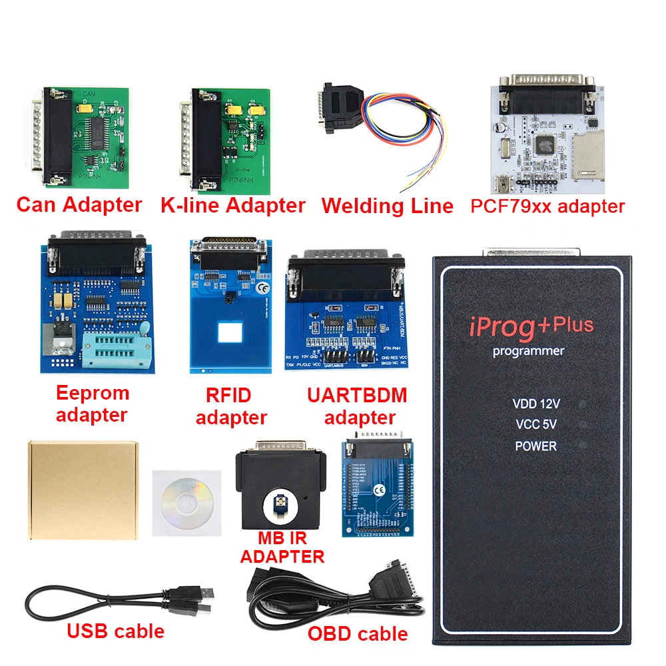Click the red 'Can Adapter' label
click(x=79, y=204)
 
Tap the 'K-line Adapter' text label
click(x=232, y=204)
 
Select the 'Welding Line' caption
click(x=387, y=205)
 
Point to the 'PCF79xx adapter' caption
click(x=547, y=206)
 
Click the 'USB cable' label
click(x=115, y=631)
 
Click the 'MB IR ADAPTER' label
click(x=282, y=546)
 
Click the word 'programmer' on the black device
click(x=529, y=351)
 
